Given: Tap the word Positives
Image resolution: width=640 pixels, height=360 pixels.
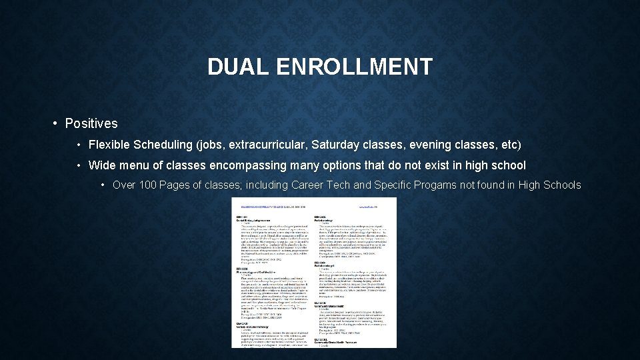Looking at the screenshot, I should (91, 123).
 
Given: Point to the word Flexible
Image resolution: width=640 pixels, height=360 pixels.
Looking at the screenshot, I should (109, 145).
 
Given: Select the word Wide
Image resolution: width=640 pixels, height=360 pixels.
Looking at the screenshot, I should (102, 165).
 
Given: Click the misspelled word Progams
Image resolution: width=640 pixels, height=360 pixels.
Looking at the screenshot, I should (434, 185).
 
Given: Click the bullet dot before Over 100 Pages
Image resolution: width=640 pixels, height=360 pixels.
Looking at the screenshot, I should (103, 185).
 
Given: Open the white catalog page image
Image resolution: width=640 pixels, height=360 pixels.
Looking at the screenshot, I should (313, 272).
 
